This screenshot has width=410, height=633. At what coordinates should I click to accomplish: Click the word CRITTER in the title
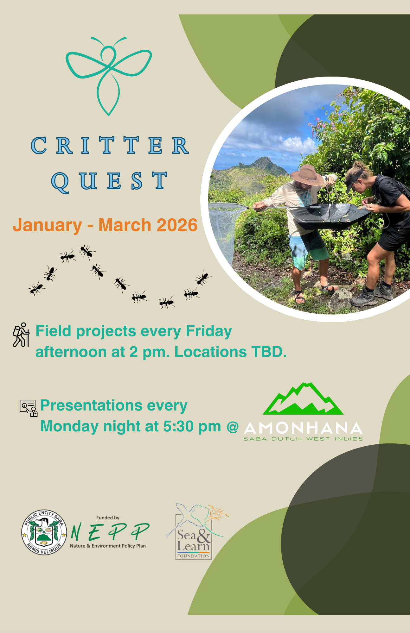(x=110, y=146)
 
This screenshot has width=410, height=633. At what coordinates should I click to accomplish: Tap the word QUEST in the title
(x=109, y=181)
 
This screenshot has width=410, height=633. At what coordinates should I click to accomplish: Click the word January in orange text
(x=47, y=226)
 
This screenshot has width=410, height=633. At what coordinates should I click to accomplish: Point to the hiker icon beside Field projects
(x=21, y=335)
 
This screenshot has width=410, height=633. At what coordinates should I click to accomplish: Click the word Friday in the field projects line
(x=209, y=332)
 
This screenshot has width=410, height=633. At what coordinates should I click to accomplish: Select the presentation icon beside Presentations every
(x=29, y=408)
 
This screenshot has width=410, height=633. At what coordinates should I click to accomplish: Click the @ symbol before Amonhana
(x=233, y=427)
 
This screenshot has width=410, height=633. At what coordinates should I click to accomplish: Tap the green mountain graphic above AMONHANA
(x=303, y=399)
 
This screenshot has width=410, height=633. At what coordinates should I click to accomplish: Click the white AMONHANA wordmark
(x=303, y=428)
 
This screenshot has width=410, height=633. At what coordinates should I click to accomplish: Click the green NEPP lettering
(x=110, y=532)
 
